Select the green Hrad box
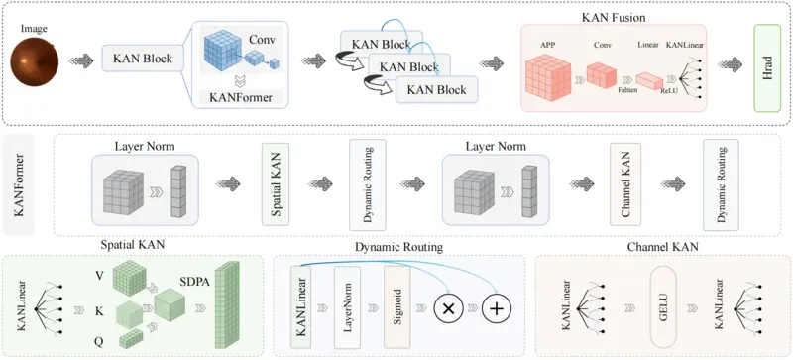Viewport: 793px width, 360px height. click(768, 67)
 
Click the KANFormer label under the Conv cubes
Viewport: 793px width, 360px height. click(240, 97)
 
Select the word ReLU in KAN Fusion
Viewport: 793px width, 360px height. click(666, 90)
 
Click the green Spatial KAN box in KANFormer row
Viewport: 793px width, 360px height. click(276, 183)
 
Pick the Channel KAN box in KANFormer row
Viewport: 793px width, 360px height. click(625, 183)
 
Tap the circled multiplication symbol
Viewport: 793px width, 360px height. click(447, 308)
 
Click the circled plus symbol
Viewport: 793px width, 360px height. click(497, 308)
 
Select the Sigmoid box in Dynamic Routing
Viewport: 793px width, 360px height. click(396, 306)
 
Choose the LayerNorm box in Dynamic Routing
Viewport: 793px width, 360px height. click(347, 306)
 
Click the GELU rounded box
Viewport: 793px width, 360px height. click(663, 306)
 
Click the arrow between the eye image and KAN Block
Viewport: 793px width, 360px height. click(82, 61)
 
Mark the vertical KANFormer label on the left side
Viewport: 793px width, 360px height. click(18, 184)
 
